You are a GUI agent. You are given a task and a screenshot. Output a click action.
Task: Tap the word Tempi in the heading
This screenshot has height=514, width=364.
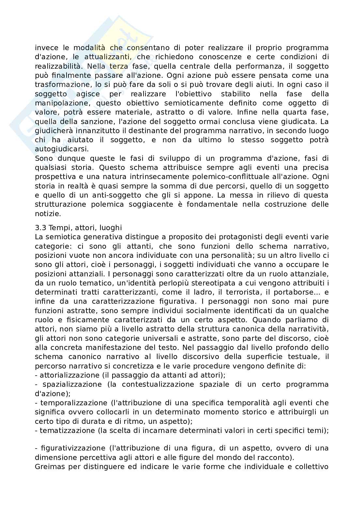(58, 228)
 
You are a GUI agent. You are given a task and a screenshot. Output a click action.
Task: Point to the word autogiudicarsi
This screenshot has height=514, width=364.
(61, 149)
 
